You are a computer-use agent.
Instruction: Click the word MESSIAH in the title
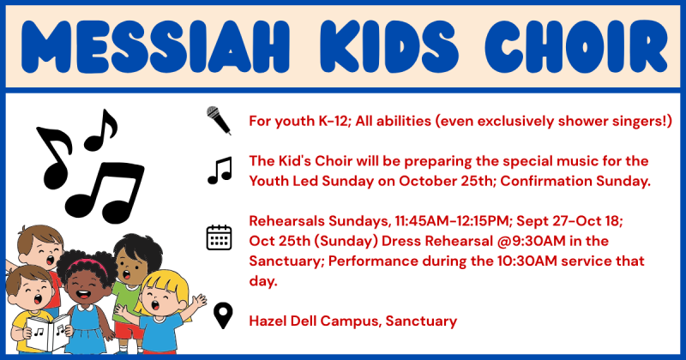[x=155, y=47]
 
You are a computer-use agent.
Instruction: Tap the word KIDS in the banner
[x=389, y=47]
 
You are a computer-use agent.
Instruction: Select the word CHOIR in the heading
[x=576, y=47]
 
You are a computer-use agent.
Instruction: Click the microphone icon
[x=219, y=120]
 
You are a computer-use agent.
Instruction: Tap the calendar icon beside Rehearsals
[x=219, y=237]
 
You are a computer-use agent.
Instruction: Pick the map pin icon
[x=223, y=316]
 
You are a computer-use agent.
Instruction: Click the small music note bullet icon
[x=220, y=171]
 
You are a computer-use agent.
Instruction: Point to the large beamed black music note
[x=105, y=193]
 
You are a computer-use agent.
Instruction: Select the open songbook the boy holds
[x=48, y=333]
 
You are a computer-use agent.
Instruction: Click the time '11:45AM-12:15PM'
[x=453, y=221]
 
